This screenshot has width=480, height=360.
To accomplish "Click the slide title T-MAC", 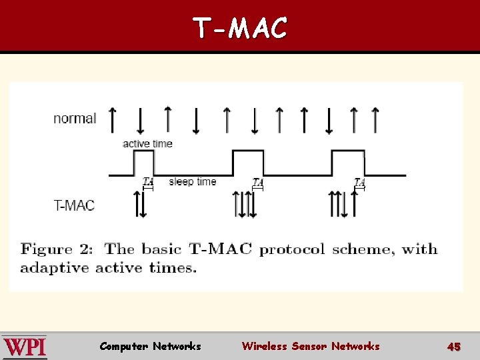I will (240, 28).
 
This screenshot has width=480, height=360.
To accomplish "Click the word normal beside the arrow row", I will (75, 119).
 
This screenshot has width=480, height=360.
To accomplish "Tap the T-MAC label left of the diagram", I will (74, 205).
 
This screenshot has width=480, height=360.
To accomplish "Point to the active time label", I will (147, 143).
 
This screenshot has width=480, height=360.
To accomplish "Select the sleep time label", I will (193, 181).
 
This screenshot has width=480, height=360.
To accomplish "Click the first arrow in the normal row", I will (112, 119).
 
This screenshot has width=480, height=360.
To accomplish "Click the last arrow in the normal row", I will (375, 119).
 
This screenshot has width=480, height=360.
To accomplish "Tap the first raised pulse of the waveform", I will (144, 162).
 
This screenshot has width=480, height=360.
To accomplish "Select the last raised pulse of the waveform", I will (348, 162).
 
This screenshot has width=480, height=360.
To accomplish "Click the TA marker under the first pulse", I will (148, 181).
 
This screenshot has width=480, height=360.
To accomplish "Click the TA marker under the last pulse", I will (360, 181).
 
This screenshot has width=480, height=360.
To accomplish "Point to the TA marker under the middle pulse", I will (258, 181).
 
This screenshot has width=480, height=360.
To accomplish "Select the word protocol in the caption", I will (292, 250).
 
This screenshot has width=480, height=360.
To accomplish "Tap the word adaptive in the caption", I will (55, 268).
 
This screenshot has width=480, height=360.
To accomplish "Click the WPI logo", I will (24, 347).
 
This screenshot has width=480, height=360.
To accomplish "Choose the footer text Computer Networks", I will (150, 346).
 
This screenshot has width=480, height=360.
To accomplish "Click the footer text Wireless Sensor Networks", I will (311, 346).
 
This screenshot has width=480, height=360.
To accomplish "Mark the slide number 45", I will (454, 347).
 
